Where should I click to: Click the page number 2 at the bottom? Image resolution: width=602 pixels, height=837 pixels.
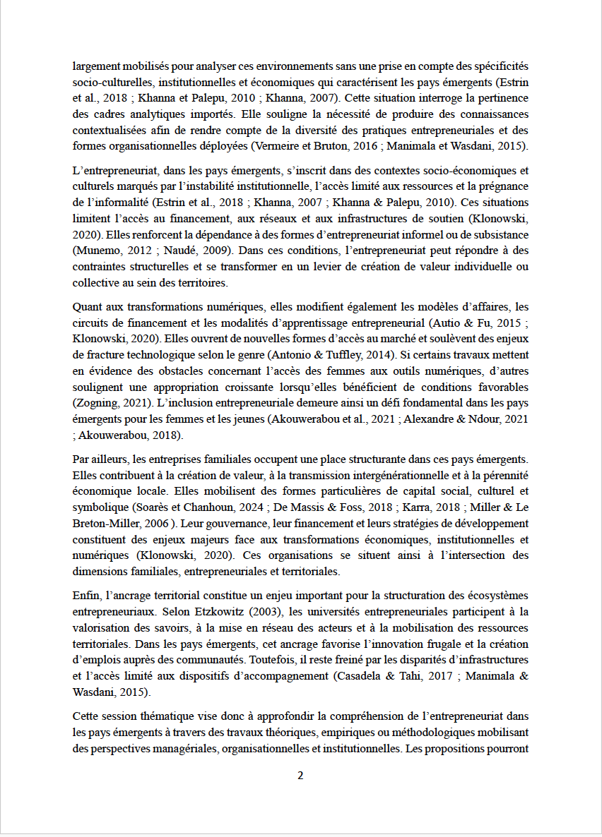(x=300, y=776)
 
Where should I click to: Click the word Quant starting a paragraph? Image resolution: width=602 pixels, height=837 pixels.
(x=88, y=306)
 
